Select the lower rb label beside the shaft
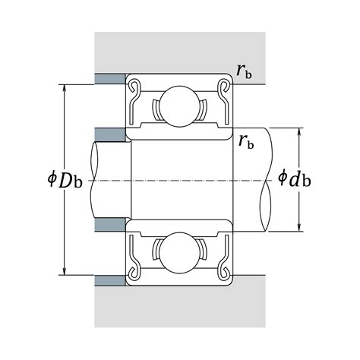pos(246,140)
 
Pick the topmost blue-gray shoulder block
pos(110,79)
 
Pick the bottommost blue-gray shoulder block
pos(110,281)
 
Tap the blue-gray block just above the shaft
pos(110,134)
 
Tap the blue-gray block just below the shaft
pos(110,226)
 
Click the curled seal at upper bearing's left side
pos(134,90)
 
